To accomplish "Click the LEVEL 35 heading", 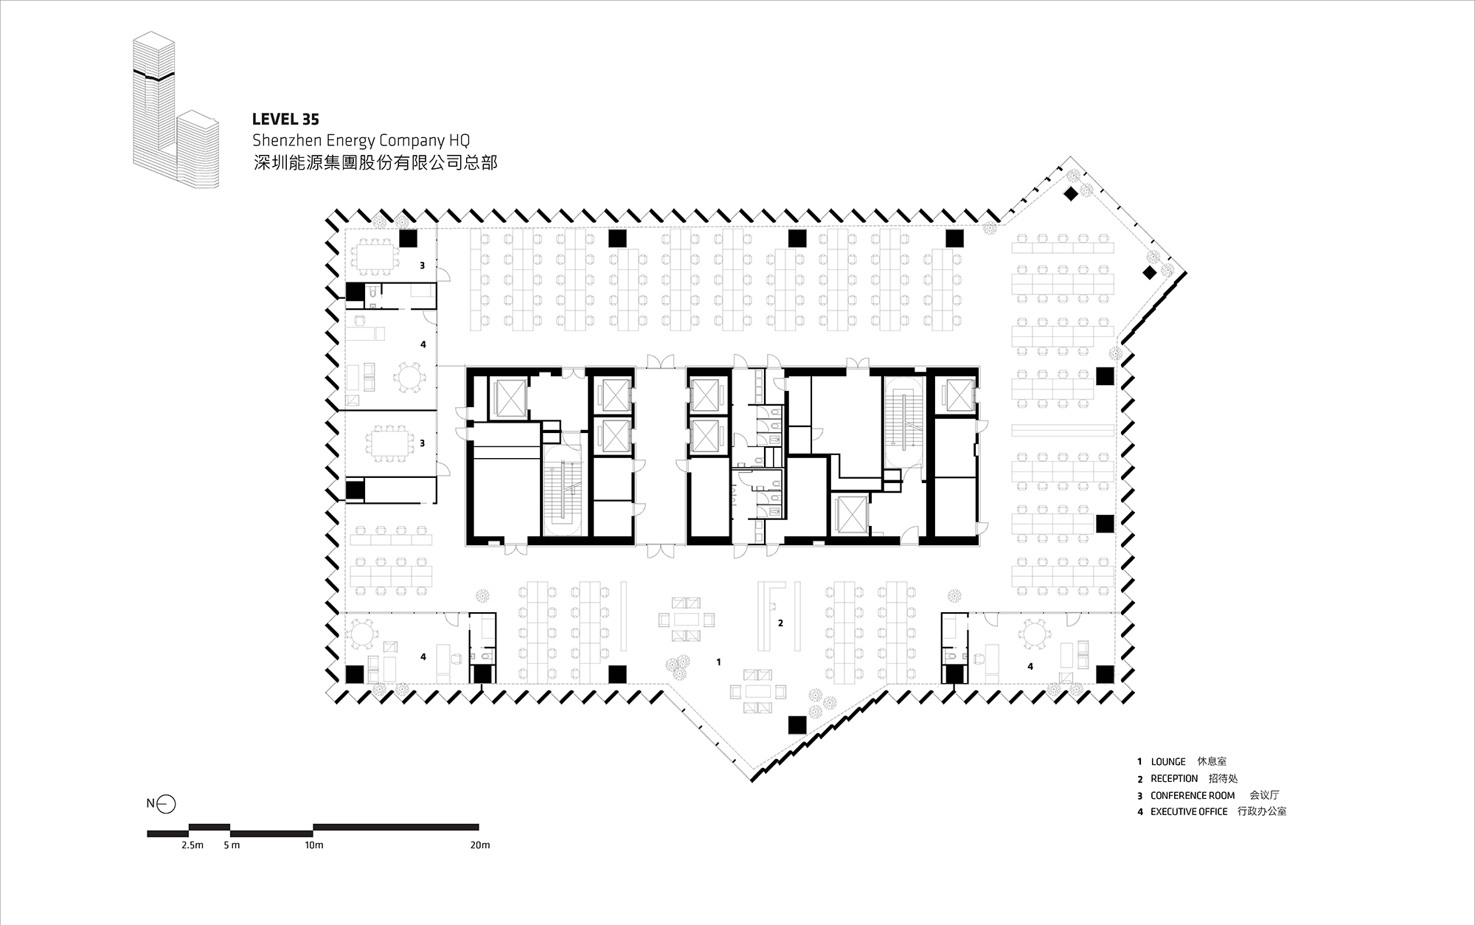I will [285, 119].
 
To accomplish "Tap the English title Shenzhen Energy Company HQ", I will [361, 140].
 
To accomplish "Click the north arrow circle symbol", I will [167, 803].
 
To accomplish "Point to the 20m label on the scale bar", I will [480, 845].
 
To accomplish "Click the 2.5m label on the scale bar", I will [192, 845].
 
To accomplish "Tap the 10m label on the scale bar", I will [314, 845].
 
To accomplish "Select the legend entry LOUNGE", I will [1168, 762].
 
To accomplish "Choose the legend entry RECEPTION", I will [1174, 779].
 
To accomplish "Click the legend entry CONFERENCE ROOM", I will [1193, 796].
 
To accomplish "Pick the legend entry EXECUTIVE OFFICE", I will [1189, 811].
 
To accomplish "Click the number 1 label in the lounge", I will [719, 662].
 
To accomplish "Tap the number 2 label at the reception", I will [780, 623].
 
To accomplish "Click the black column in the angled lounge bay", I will [796, 725].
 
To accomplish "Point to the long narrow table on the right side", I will [1063, 429].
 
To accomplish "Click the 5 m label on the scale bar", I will [232, 845].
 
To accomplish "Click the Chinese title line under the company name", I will [375, 162].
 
